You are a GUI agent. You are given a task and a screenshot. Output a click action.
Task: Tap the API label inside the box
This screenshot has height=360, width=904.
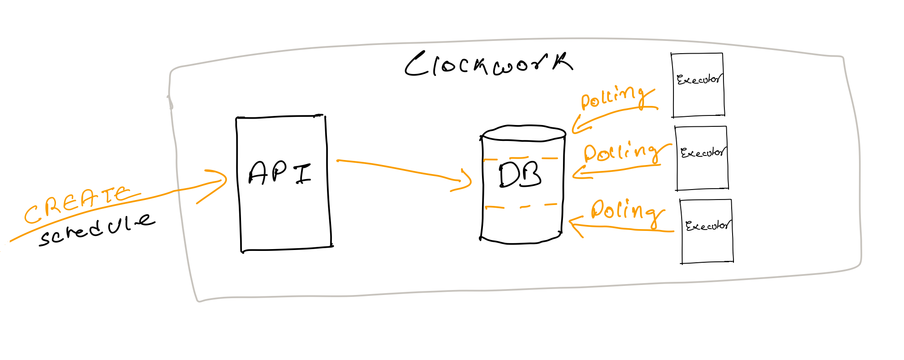tap(280, 173)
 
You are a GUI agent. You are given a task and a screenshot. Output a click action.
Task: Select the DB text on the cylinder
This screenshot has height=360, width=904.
tap(520, 175)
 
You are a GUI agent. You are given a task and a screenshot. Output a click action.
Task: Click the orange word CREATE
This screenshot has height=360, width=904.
tap(77, 204)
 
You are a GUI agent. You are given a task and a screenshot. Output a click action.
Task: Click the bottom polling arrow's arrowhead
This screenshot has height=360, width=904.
tap(572, 222)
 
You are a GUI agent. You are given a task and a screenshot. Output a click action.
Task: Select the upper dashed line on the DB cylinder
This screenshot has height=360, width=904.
tap(521, 159)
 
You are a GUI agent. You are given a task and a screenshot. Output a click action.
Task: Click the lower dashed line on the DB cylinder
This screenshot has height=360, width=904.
tap(521, 206)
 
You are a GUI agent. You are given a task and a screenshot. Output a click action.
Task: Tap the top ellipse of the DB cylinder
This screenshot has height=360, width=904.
tap(523, 133)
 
